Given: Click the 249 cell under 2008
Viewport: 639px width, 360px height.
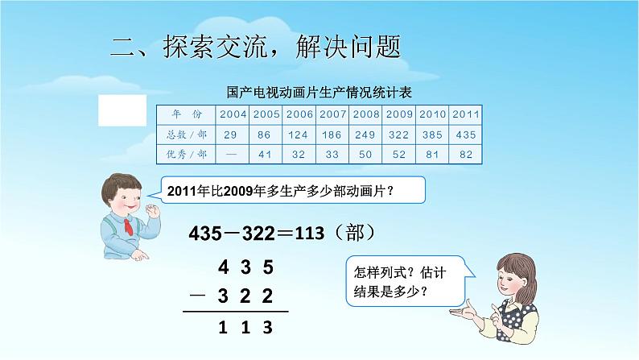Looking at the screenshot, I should click(365, 133).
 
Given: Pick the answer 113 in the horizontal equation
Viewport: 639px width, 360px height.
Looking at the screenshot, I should click(310, 234).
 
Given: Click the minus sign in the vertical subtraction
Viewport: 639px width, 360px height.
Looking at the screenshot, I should click(196, 297).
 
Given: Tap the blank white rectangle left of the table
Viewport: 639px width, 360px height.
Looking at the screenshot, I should click(122, 110).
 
